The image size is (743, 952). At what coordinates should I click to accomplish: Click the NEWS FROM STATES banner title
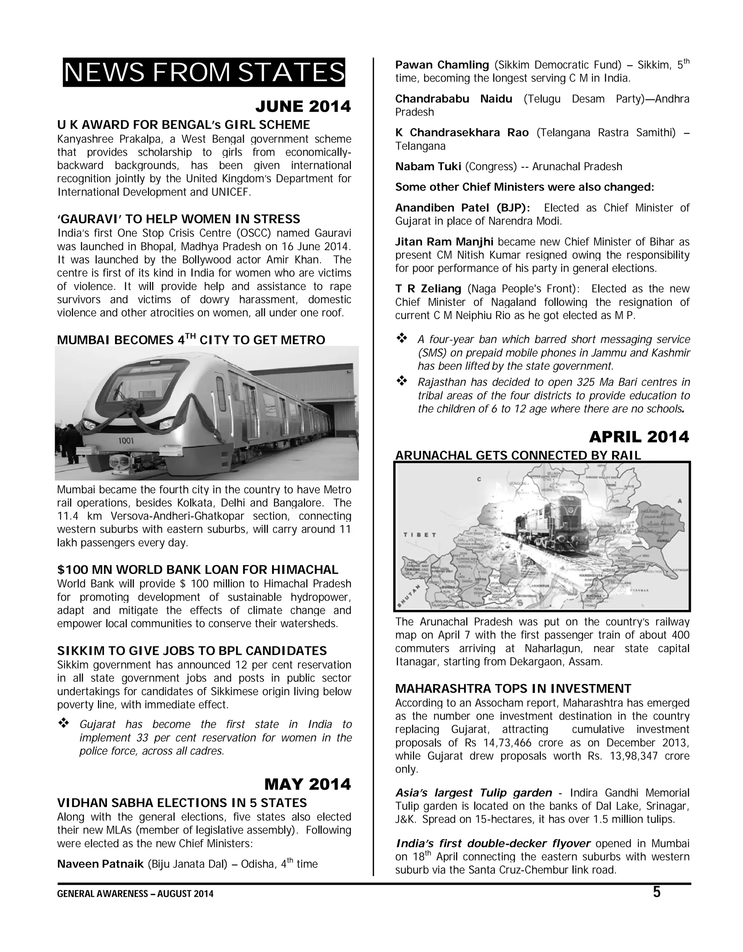pos(204,72)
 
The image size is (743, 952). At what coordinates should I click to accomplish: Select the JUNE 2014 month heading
pos(303,106)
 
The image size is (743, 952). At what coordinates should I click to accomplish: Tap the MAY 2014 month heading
pos(307,784)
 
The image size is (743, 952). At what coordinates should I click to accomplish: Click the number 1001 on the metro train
pos(126,441)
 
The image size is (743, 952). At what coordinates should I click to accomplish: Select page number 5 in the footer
pos(657,892)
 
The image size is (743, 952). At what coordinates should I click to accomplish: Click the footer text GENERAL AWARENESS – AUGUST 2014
pos(135,894)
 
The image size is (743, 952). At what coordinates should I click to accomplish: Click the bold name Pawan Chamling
pos(442,65)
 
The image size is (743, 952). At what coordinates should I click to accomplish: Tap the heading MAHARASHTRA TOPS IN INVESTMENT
pos(513,689)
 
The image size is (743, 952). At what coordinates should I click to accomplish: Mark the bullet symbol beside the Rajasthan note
pos(401,381)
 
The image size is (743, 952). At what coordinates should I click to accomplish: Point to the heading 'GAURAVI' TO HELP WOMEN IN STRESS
pos(178,219)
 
